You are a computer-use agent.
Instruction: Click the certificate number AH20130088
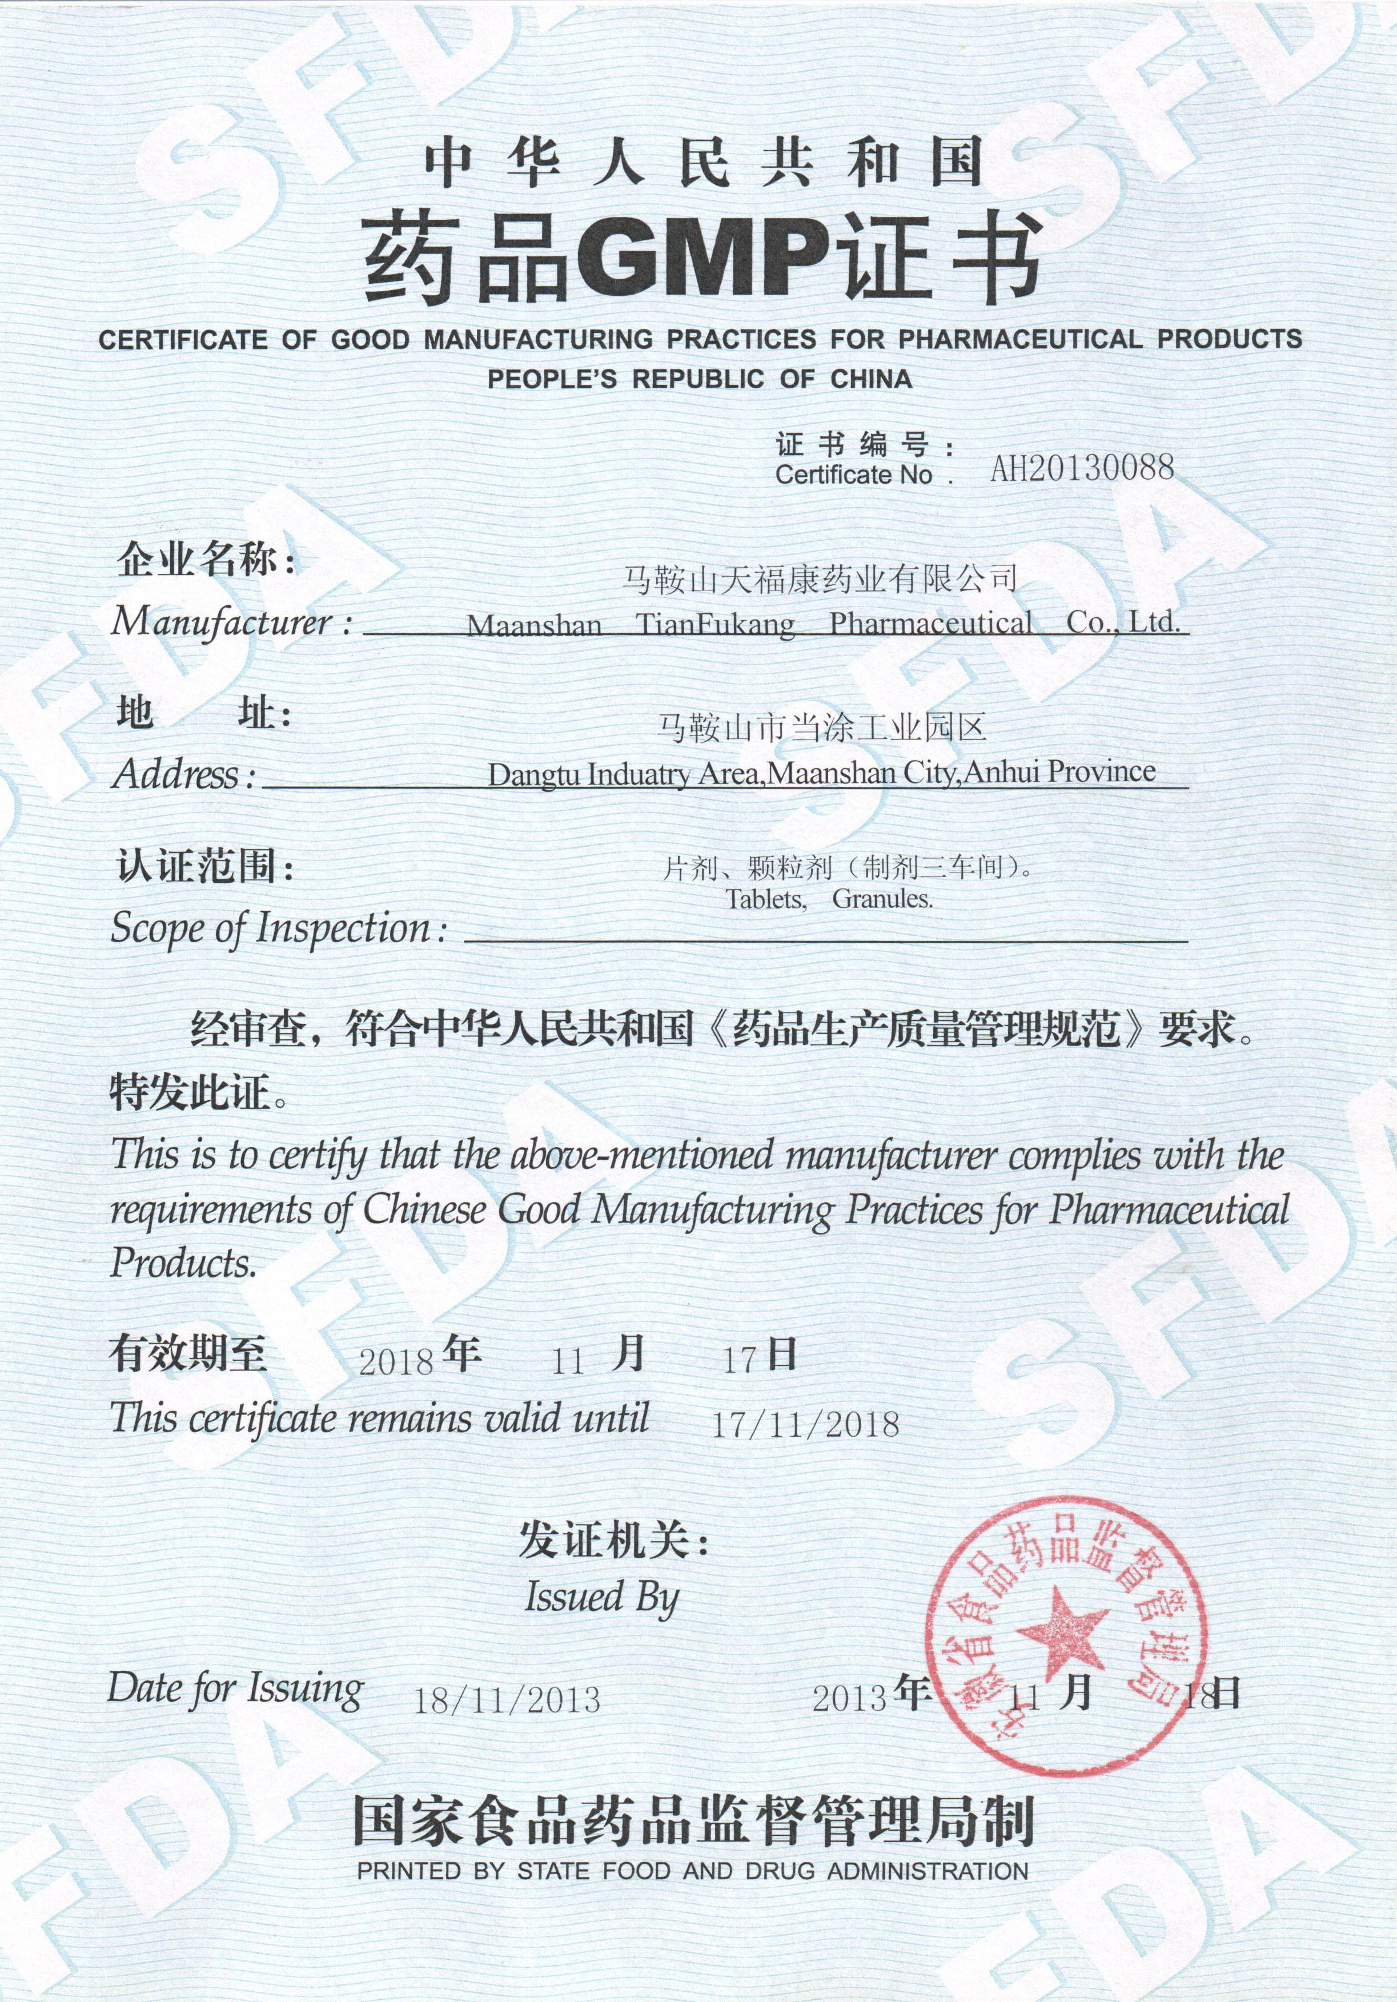click(x=1081, y=469)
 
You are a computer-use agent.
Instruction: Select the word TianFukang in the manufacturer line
click(x=715, y=624)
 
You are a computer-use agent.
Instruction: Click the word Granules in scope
click(x=882, y=899)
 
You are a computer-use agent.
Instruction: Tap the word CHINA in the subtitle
click(x=870, y=379)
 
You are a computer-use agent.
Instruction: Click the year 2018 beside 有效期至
click(x=397, y=1361)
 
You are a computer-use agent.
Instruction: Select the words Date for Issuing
click(x=235, y=1688)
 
